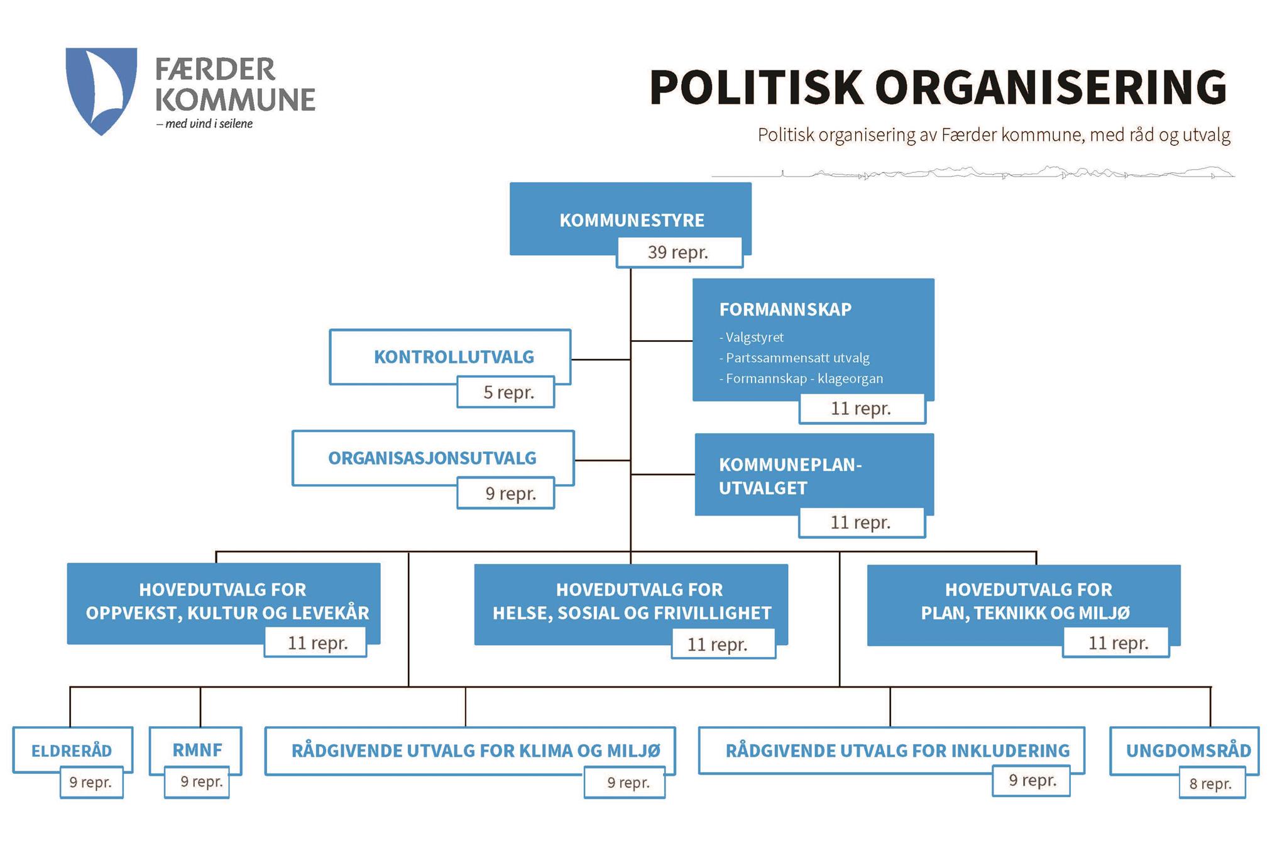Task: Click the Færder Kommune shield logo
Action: coord(101,91)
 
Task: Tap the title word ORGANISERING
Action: coord(1050,87)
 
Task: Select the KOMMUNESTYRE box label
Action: coord(632,220)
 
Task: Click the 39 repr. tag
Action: coord(679,253)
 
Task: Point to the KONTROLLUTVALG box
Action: coord(450,356)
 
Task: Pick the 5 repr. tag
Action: coord(506,392)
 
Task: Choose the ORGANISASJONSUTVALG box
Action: coord(433,458)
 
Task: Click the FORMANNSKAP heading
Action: coord(786,309)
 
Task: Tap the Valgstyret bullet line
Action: coord(752,338)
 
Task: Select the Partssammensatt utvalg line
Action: coord(794,358)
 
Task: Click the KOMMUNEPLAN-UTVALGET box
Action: coord(814,475)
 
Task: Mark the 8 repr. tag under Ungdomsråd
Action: coord(1211,783)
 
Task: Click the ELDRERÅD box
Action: coord(72,749)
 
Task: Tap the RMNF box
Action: coord(195,750)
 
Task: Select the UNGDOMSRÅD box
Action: coord(1185,751)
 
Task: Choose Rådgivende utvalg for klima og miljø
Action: coord(470,751)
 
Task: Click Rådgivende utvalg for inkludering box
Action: coord(891,750)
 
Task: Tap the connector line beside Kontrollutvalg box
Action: coord(601,360)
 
